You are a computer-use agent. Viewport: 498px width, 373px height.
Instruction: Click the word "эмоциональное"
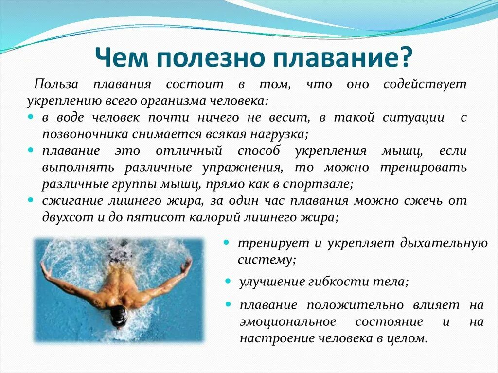[287, 322]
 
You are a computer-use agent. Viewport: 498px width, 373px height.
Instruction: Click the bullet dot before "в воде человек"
[31, 118]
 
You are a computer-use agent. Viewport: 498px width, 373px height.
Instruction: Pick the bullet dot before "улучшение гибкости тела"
[228, 281]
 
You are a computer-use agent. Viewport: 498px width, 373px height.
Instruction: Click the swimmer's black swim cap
[118, 316]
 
